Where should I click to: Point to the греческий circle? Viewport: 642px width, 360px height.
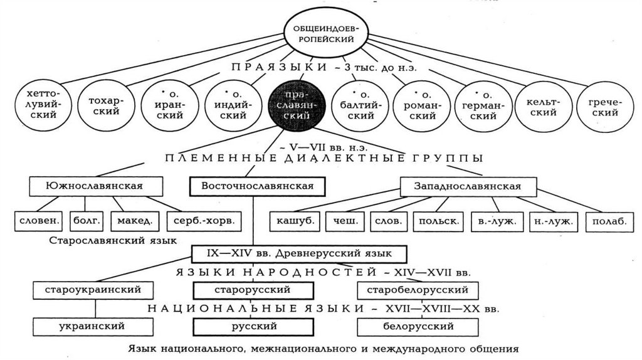click(604, 107)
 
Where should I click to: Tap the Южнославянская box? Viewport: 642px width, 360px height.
click(95, 186)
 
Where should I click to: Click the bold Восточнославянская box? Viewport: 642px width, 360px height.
click(257, 186)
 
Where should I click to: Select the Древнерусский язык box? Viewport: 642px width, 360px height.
click(299, 254)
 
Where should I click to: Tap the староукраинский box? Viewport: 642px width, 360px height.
click(95, 290)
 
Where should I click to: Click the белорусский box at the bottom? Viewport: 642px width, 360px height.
click(418, 326)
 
